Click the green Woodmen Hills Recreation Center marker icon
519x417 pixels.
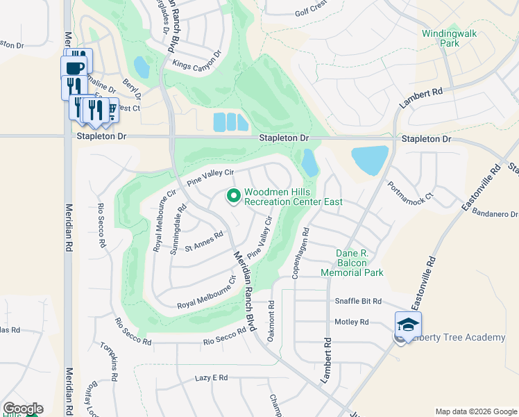pyautogui.click(x=233, y=197)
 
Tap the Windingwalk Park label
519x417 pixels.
pyautogui.click(x=441, y=38)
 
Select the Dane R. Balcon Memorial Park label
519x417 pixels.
pyautogui.click(x=352, y=263)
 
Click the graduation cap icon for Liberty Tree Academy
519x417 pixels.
pyautogui.click(x=408, y=325)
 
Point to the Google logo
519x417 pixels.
pyautogui.click(x=22, y=409)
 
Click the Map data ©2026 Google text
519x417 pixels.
pyautogui.click(x=475, y=411)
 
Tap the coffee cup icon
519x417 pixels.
pyautogui.click(x=74, y=68)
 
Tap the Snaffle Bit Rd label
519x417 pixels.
pyautogui.click(x=358, y=301)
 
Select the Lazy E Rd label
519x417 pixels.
pyautogui.click(x=211, y=377)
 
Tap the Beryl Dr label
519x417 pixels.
pyautogui.click(x=132, y=88)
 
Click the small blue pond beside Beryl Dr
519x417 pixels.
pyautogui.click(x=142, y=67)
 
